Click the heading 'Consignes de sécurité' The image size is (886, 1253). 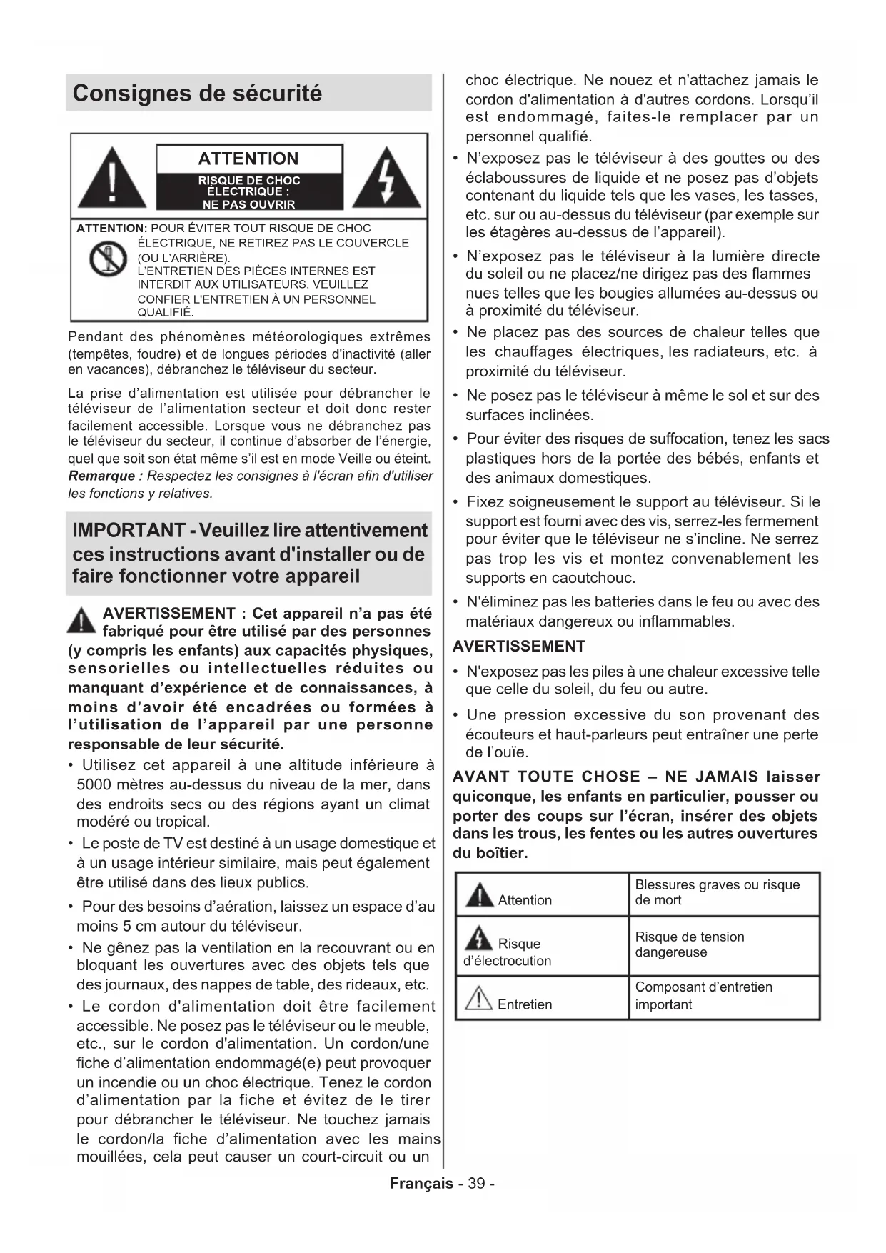click(197, 94)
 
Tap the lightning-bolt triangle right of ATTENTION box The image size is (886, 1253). click(387, 179)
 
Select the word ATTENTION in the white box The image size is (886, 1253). click(248, 159)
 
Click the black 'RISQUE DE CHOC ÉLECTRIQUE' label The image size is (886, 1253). click(248, 192)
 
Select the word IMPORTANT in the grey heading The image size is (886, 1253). click(129, 531)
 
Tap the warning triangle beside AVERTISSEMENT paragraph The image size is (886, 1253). click(81, 619)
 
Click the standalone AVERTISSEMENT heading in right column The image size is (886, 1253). click(519, 647)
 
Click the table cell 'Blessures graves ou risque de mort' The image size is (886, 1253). click(717, 892)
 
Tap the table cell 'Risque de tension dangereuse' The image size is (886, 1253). click(689, 944)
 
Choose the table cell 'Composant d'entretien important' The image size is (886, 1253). click(703, 996)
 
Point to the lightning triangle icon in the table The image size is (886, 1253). click(479, 938)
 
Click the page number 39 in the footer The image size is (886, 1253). click(476, 1184)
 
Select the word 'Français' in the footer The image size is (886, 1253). click(421, 1184)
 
